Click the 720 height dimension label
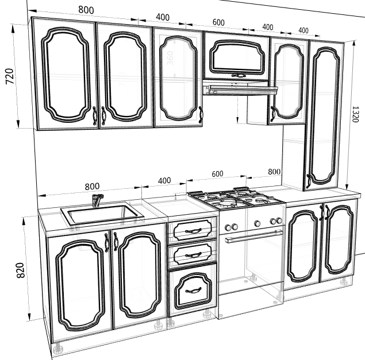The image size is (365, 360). coord(10,76)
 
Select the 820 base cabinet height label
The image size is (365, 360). coord(21,270)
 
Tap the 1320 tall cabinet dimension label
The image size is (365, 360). coord(355,114)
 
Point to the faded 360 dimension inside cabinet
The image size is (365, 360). coord(170,58)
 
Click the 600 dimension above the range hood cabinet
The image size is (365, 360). coord(218,22)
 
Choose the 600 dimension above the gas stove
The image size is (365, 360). coord(217,174)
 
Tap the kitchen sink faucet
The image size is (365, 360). coord(97,200)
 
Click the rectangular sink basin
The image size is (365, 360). coord(102,214)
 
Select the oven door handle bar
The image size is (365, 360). coord(254,236)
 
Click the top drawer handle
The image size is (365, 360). coord(193,231)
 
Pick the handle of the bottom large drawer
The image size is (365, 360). coord(193,290)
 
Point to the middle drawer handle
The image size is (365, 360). coord(193,256)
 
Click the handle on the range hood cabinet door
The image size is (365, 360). coord(239,75)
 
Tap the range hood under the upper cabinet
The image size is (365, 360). coord(240,88)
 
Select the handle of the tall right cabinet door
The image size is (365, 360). coord(308,181)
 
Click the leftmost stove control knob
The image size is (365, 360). coord(228,226)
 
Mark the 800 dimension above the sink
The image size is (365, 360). coord(92,187)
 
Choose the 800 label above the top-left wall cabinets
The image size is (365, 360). coord(86,10)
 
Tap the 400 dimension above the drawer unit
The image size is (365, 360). coord(164,181)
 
